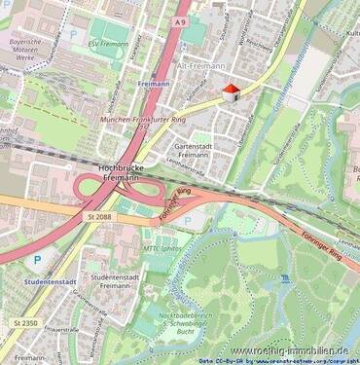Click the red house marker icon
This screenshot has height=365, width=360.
[x=231, y=92]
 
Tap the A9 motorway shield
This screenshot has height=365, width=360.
[x=181, y=20]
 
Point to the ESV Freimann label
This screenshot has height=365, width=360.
[x=107, y=44]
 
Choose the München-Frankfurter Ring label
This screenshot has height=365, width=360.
[x=141, y=120]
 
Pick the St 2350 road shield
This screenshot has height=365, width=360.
[x=26, y=321]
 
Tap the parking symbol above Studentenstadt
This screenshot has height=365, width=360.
[x=37, y=260]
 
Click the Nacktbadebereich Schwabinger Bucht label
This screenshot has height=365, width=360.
[x=180, y=325]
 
